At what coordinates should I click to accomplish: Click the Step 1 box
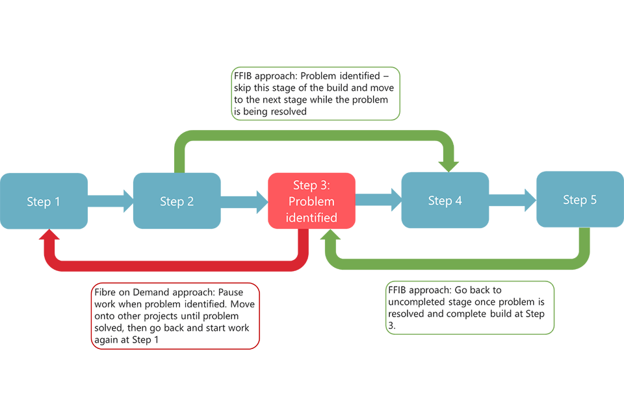point(44,201)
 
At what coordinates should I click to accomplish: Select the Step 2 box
point(177,201)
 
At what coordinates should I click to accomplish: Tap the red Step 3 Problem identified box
point(312,201)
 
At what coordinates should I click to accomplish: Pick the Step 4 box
point(445,200)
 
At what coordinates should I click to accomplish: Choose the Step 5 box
point(580,199)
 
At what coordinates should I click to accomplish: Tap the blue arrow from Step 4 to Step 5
point(512,199)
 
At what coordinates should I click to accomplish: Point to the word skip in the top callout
point(243,88)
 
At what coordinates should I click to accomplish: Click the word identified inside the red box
point(312,218)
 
